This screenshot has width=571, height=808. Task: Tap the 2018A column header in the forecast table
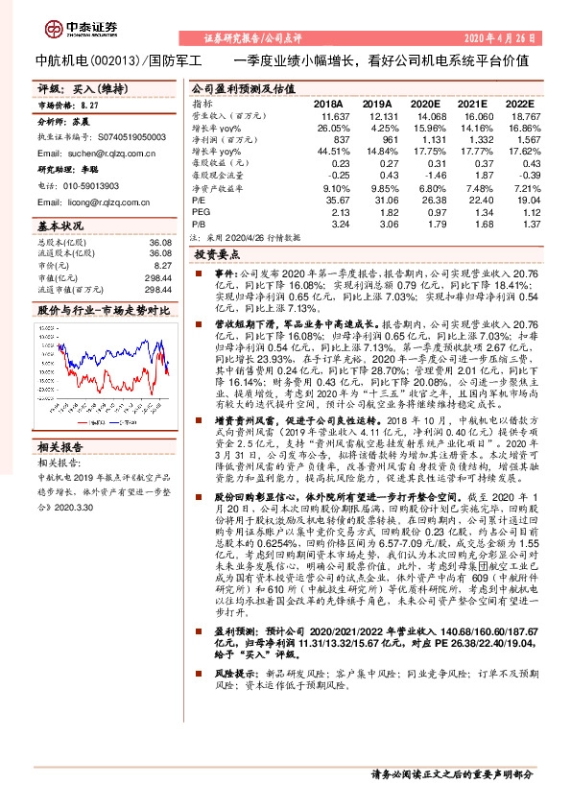(x=327, y=104)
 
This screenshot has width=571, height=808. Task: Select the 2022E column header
(x=518, y=104)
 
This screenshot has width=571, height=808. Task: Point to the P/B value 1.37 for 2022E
(x=523, y=224)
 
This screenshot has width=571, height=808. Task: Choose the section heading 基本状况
(x=61, y=226)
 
